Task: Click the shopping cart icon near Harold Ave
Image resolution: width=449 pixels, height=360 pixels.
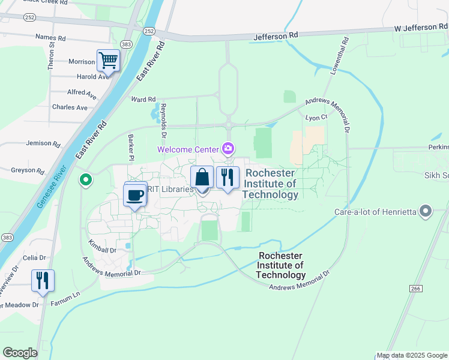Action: pos(108,60)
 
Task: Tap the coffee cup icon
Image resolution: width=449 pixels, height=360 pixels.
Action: pos(136,194)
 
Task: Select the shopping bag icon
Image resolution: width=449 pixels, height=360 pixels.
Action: pos(202,178)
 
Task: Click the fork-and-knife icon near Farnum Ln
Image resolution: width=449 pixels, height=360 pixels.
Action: pos(43,281)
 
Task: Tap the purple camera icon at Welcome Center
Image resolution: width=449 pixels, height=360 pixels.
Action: pos(228,148)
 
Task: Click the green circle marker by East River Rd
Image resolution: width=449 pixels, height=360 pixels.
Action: pos(86,179)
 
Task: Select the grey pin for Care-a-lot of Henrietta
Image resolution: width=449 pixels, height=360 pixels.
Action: pos(426,211)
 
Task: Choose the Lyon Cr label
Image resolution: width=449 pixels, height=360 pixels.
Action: pos(316,118)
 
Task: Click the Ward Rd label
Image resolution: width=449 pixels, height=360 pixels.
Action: pos(143,100)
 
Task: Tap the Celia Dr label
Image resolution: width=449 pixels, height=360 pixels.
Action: pos(34,257)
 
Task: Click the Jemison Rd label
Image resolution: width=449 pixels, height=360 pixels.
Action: pos(43,144)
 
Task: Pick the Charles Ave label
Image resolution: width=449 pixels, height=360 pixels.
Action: pos(70,107)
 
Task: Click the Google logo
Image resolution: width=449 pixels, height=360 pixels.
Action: pos(20,353)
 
